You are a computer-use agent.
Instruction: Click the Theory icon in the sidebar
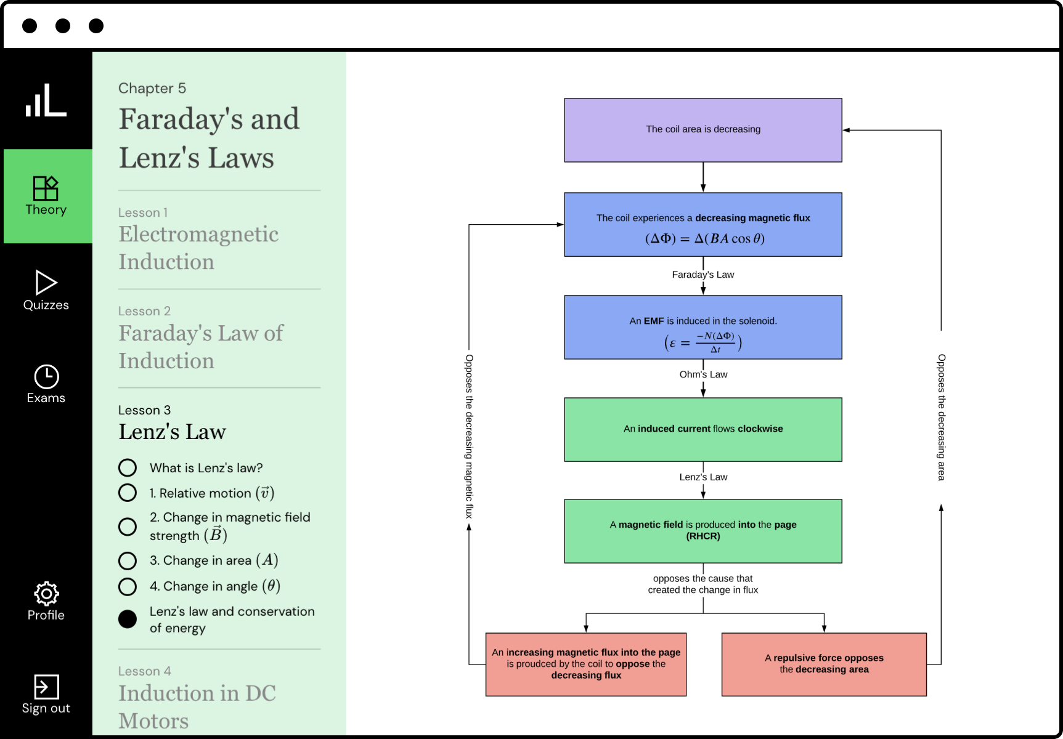(x=46, y=188)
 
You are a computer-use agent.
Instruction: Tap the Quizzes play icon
(x=46, y=283)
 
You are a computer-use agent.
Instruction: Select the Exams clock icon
(x=46, y=377)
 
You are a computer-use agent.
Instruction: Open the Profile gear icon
(x=46, y=594)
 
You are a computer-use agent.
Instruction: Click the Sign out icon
(x=46, y=687)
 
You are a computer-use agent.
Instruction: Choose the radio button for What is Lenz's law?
(x=128, y=468)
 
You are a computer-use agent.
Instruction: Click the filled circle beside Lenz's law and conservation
(x=128, y=619)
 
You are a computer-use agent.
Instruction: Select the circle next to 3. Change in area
(x=128, y=560)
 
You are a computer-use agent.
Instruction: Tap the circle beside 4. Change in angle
(x=128, y=586)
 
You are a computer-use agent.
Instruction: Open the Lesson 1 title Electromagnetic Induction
(x=198, y=248)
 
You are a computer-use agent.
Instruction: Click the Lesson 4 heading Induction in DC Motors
(x=197, y=706)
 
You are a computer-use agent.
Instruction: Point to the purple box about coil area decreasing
(x=703, y=130)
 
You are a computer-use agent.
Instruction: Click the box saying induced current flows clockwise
(x=703, y=429)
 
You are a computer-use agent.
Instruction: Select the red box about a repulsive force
(x=824, y=664)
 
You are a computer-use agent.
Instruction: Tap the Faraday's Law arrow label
(x=703, y=275)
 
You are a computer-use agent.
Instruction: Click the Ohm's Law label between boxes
(x=703, y=374)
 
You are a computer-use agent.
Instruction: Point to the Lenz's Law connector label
(x=703, y=477)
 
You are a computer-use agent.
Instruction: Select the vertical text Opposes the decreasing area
(x=941, y=417)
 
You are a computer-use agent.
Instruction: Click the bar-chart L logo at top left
(x=46, y=100)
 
